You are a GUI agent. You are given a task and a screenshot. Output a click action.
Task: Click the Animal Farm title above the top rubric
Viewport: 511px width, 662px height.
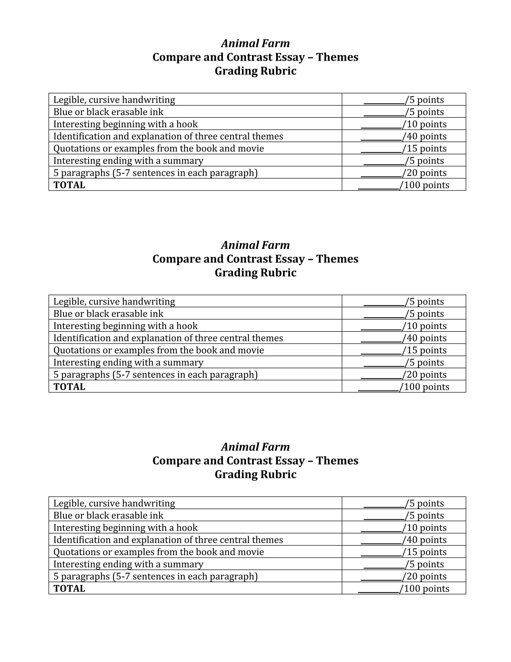pos(255,43)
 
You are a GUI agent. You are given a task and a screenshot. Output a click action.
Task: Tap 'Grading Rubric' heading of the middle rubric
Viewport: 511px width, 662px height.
pos(255,273)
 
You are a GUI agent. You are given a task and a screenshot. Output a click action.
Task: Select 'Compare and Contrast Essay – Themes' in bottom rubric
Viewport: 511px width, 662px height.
pos(255,460)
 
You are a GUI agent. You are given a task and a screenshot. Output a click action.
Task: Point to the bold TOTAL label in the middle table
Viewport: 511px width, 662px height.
pos(69,386)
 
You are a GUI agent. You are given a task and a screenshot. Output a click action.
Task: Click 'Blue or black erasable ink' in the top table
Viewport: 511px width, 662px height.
pos(108,112)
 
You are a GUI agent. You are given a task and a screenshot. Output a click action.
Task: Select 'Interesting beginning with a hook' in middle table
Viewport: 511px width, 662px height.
pos(125,326)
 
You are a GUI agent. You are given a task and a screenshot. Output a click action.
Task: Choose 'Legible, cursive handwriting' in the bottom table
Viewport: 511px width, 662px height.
pos(114,503)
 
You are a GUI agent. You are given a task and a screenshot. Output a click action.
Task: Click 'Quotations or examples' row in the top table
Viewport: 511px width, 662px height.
pos(159,148)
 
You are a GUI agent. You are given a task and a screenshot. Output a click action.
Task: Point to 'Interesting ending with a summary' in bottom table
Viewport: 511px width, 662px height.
pos(128,564)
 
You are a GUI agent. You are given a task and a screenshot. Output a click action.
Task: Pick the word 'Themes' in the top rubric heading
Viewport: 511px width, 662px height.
pos(337,57)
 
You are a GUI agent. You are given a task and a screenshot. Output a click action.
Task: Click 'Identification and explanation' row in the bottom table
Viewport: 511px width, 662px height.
pos(168,540)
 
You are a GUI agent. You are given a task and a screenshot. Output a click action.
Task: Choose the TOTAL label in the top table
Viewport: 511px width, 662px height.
pos(69,185)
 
